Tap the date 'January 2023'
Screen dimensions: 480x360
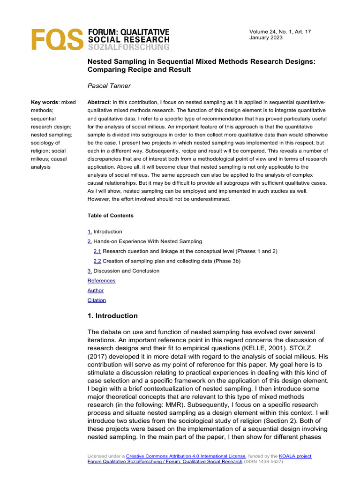pos(266,38)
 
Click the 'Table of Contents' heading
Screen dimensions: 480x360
pos(110,216)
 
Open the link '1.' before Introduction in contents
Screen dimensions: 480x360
pos(90,232)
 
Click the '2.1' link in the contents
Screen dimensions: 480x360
pos(97,251)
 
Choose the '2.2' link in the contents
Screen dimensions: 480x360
pos(97,261)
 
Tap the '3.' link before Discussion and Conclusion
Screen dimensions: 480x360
pos(90,271)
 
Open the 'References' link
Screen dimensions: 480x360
pos(101,281)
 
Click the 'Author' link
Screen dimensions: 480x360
pos(96,291)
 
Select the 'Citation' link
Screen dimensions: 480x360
pos(97,300)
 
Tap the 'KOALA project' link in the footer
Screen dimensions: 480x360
pos(295,456)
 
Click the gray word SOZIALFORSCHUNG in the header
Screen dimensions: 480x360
pos(129,47)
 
